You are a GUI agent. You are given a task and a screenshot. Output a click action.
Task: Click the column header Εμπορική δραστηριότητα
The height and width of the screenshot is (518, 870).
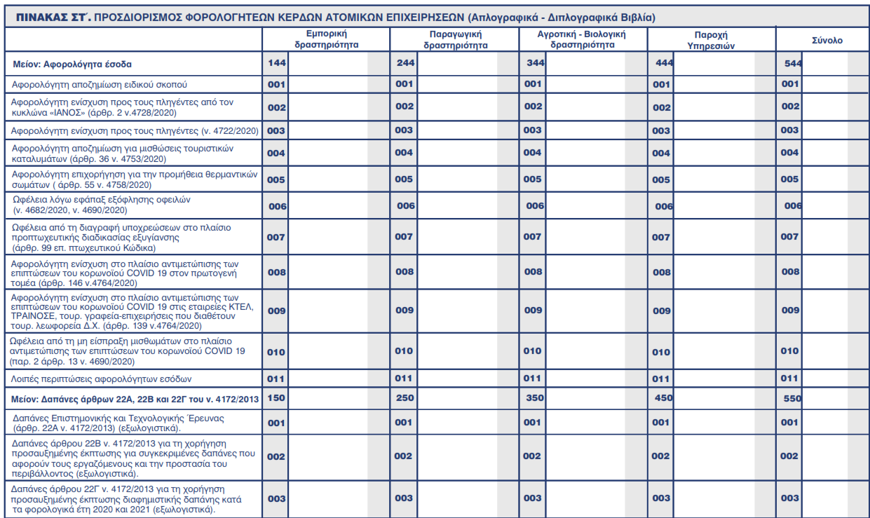click(x=326, y=39)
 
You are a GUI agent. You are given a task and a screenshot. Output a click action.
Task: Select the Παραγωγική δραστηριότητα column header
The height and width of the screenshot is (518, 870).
click(x=455, y=39)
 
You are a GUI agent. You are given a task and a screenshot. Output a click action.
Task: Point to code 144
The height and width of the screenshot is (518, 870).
click(x=277, y=63)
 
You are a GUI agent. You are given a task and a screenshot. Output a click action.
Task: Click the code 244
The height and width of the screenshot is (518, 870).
click(x=406, y=63)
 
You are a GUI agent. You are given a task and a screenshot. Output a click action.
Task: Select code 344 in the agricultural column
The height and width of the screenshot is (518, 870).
click(x=536, y=63)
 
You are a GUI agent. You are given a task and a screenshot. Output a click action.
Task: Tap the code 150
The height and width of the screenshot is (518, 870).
click(x=277, y=398)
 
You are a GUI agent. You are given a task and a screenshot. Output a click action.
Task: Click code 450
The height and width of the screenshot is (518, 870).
click(x=663, y=398)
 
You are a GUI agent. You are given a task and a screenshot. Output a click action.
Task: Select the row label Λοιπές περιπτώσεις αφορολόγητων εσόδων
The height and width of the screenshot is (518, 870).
click(x=102, y=379)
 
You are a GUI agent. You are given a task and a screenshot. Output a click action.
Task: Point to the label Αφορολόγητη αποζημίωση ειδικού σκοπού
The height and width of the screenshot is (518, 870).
click(x=98, y=84)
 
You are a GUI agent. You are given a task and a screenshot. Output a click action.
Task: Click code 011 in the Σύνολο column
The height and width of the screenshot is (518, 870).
click(x=790, y=379)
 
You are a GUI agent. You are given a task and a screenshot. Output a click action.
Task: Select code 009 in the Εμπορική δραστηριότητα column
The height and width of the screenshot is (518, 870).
click(x=276, y=310)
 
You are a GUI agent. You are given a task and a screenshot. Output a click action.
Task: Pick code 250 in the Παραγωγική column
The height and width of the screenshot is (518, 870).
click(x=405, y=398)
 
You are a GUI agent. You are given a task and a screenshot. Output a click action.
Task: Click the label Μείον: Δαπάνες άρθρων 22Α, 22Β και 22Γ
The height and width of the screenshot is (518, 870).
click(x=136, y=399)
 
